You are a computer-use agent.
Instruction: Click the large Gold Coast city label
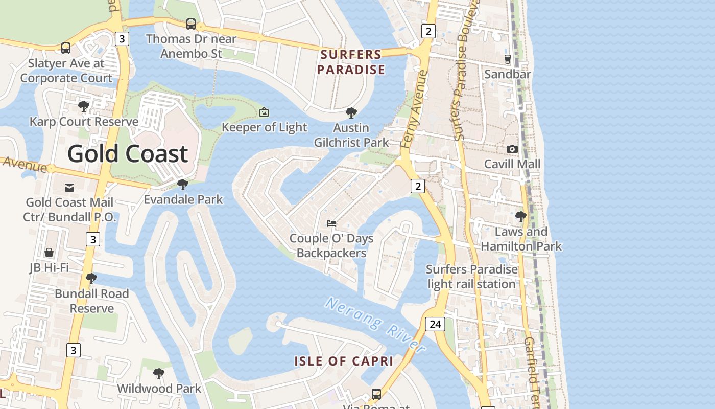pyautogui.click(x=128, y=154)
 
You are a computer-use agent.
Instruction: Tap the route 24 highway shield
pyautogui.click(x=435, y=324)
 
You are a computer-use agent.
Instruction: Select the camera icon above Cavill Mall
pyautogui.click(x=512, y=149)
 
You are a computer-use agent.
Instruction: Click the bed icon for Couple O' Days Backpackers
pyautogui.click(x=331, y=223)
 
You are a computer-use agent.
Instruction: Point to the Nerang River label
pyautogui.click(x=375, y=325)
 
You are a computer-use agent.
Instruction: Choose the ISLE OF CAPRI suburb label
pyautogui.click(x=344, y=361)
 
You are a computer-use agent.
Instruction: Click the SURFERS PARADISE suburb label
pyautogui.click(x=351, y=62)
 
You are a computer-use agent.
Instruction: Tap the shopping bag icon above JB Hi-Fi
pyautogui.click(x=49, y=253)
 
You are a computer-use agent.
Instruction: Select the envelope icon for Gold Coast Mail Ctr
pyautogui.click(x=69, y=188)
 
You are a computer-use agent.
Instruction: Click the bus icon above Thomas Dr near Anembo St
pyautogui.click(x=191, y=24)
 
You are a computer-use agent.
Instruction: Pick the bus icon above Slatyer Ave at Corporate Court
pyautogui.click(x=66, y=48)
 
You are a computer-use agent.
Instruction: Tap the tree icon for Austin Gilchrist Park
pyautogui.click(x=351, y=112)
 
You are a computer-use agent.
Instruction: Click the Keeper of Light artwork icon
pyautogui.click(x=264, y=112)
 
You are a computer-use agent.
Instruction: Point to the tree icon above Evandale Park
pyautogui.click(x=182, y=185)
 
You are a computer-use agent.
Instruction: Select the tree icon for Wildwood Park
pyautogui.click(x=159, y=374)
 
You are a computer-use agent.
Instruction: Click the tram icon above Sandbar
pyautogui.click(x=507, y=59)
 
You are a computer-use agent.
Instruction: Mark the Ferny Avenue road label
pyautogui.click(x=414, y=109)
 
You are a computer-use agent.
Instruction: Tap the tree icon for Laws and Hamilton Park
pyautogui.click(x=520, y=217)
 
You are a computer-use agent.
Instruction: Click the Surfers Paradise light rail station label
pyautogui.click(x=471, y=277)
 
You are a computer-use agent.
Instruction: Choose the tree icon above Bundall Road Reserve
pyautogui.click(x=91, y=279)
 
